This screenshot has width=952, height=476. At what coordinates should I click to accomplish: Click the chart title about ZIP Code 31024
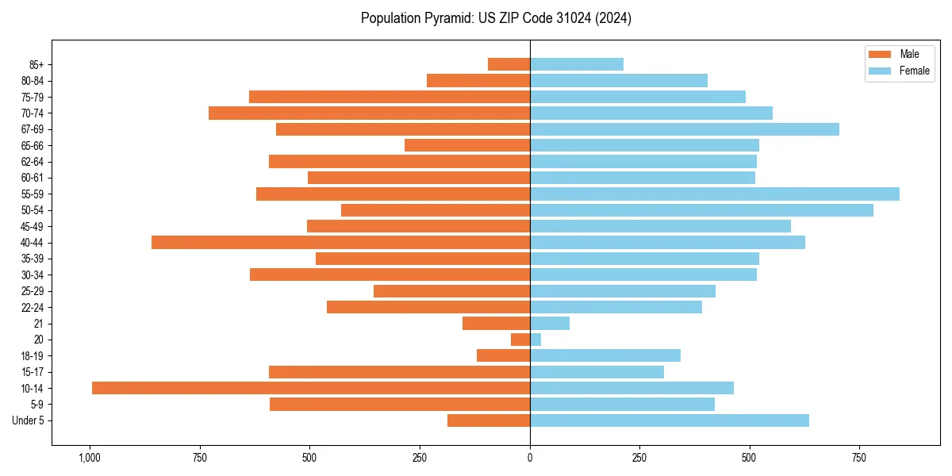496,18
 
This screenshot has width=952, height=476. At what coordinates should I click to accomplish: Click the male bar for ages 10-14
311,388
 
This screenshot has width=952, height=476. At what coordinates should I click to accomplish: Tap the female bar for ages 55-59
714,194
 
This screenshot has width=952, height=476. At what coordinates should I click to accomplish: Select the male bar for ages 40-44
340,242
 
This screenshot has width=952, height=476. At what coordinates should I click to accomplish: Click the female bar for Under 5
669,420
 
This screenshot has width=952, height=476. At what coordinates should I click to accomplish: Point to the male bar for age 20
520,340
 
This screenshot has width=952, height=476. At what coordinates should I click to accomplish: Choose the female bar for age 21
550,323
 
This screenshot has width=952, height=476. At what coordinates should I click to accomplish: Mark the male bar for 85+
509,64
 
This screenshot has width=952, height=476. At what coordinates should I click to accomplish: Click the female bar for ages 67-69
684,129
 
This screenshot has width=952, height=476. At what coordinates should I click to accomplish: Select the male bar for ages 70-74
369,113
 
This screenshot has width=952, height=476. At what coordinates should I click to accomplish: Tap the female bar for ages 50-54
701,210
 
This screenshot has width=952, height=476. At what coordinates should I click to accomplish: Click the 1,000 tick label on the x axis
90,458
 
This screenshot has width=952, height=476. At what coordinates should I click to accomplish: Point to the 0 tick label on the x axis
530,458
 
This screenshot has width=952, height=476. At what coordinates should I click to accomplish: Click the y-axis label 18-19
33,355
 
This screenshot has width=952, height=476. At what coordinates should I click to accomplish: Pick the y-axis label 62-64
33,162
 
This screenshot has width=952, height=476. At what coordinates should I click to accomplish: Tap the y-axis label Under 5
28,420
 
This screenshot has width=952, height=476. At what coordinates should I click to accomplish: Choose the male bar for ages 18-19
503,355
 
